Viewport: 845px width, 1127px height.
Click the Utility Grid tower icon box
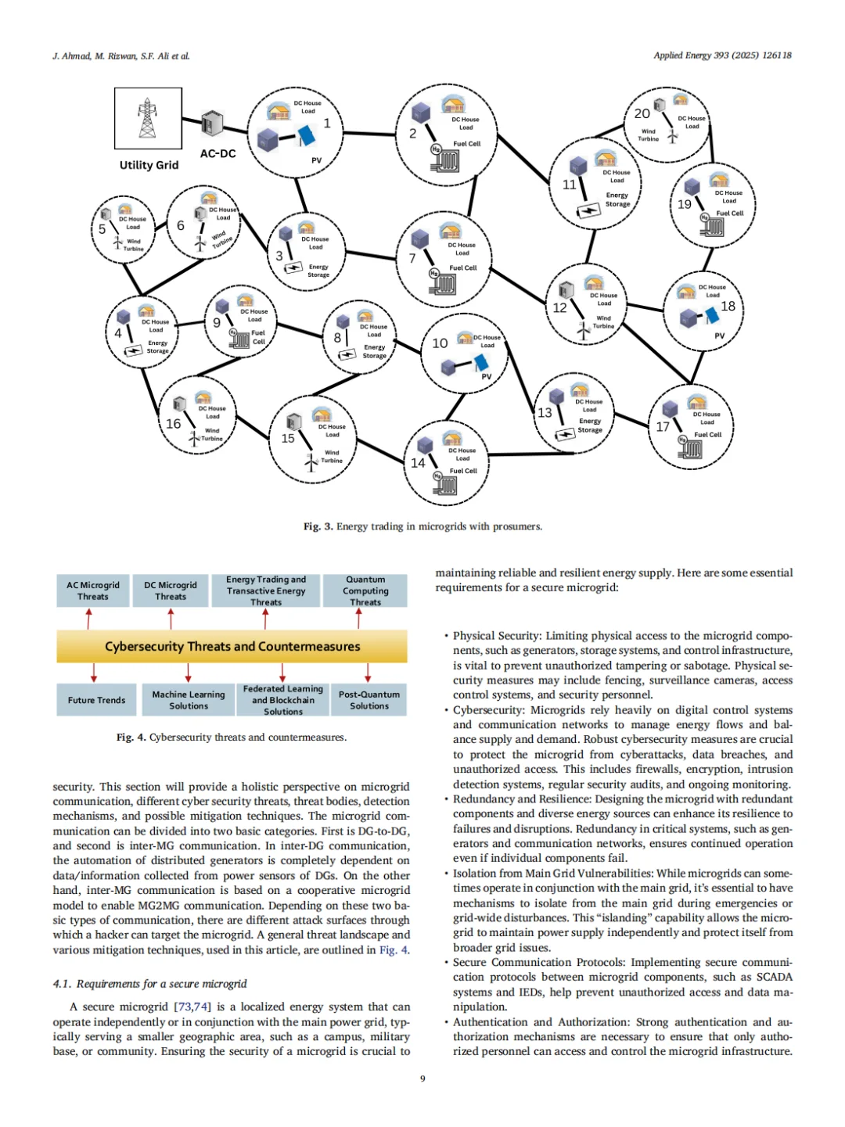pyautogui.click(x=148, y=118)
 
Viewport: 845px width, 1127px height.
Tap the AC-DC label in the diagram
pyautogui.click(x=218, y=153)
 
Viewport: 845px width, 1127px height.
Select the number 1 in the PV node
pyautogui.click(x=327, y=124)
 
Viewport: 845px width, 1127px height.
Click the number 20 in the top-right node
pyautogui.click(x=642, y=114)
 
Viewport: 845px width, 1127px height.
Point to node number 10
pyautogui.click(x=440, y=343)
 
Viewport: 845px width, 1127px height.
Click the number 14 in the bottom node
pyautogui.click(x=419, y=463)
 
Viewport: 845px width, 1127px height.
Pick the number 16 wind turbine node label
pyautogui.click(x=173, y=424)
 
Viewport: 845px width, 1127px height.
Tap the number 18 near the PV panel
pyautogui.click(x=728, y=307)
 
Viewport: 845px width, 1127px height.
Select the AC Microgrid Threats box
pyautogui.click(x=93, y=591)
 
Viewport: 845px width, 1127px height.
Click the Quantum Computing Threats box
pyautogui.click(x=365, y=591)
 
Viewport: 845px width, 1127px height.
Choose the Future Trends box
pyautogui.click(x=96, y=700)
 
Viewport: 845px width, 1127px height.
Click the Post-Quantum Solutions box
pyautogui.click(x=369, y=700)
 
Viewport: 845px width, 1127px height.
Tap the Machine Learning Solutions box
pyautogui.click(x=189, y=700)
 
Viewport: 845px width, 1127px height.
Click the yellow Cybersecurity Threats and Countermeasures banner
pyautogui.click(x=232, y=647)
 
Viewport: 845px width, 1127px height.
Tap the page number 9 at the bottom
pyautogui.click(x=422, y=1079)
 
